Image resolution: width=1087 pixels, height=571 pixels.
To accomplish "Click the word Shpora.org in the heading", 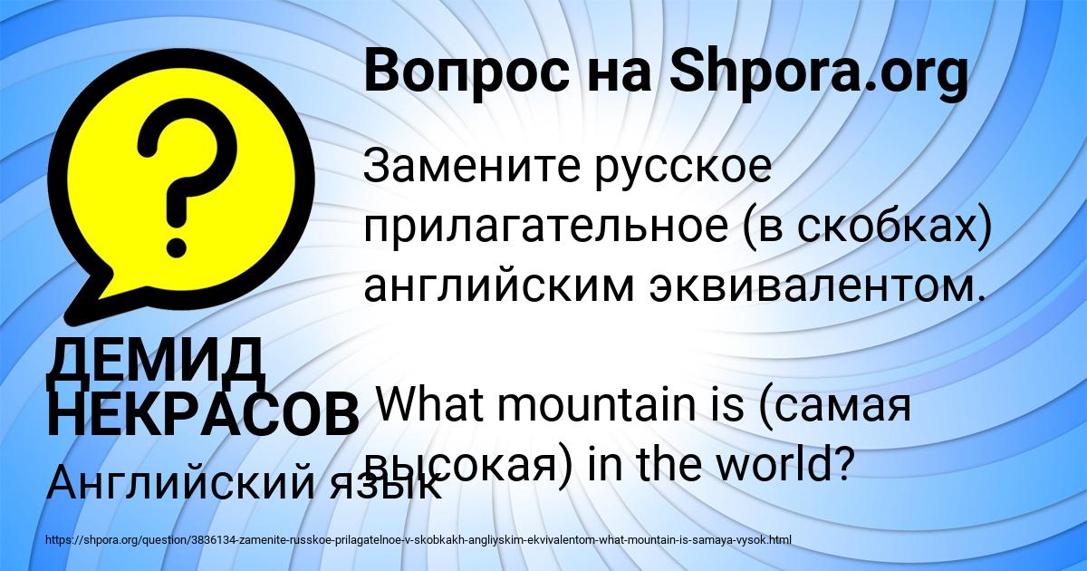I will [817, 73].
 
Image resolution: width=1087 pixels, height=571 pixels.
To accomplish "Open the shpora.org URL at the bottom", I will [418, 540].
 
